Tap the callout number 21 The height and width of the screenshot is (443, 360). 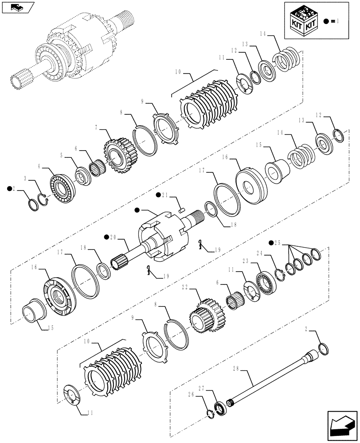[x=164, y=195]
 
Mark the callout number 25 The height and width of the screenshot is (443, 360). [x=278, y=242]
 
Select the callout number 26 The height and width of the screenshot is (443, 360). [x=191, y=393]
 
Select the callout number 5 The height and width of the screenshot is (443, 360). [x=62, y=156]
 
